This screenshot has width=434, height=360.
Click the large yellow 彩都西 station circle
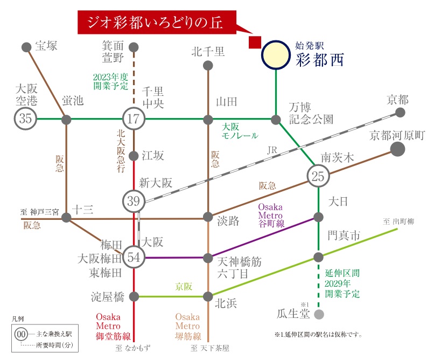(276, 54)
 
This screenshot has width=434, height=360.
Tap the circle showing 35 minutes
(26, 119)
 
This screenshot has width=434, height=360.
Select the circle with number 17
(134, 119)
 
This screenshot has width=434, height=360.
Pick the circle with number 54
(134, 257)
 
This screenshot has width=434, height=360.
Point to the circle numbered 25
(318, 175)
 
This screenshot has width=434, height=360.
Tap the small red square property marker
(254, 43)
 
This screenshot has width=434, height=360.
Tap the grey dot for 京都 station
(400, 113)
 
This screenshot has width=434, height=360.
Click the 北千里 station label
(208, 52)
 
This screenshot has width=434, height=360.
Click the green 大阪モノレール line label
(240, 132)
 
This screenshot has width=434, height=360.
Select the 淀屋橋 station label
(108, 296)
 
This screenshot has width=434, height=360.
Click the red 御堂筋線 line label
(111, 327)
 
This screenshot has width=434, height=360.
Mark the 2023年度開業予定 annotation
(110, 81)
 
